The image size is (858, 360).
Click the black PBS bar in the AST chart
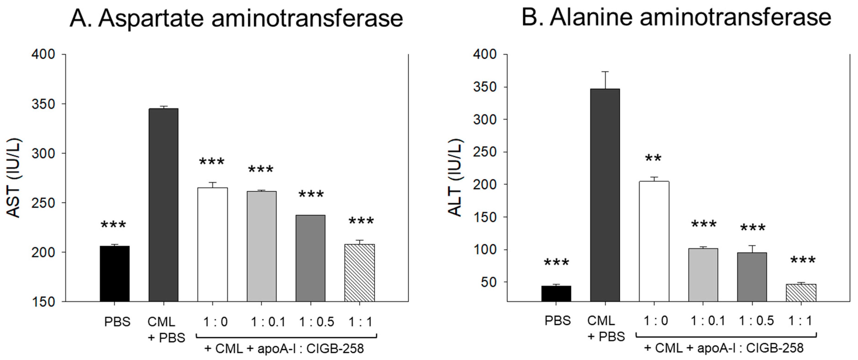[x=115, y=274]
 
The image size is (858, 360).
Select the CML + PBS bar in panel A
[x=163, y=205]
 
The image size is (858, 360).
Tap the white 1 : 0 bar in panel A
[x=212, y=245]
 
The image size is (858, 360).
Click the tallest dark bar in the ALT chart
[x=605, y=195]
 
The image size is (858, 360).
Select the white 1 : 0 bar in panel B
[x=654, y=241]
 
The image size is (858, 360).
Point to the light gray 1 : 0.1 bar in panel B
[x=703, y=275]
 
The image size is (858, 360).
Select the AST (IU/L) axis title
[x=14, y=178]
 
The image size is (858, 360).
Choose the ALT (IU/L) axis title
[x=456, y=178]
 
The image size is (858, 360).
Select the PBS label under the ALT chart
[x=558, y=321]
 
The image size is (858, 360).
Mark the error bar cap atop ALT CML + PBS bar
[x=605, y=72]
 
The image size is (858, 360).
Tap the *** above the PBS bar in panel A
[x=113, y=225]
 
